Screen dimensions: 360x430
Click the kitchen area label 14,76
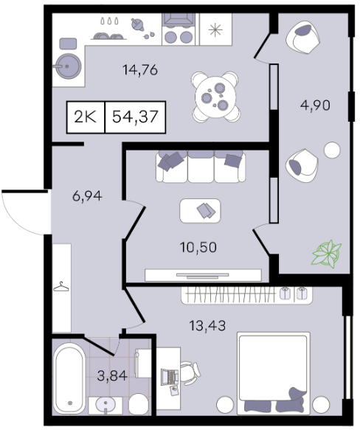(140, 70)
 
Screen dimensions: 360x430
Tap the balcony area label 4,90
(315, 105)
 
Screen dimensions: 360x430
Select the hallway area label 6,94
(87, 195)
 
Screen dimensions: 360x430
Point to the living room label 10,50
(198, 247)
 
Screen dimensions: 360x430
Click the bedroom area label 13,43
(207, 325)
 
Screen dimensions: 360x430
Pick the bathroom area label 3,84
(112, 375)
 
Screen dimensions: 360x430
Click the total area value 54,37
(135, 117)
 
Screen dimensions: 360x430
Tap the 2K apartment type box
(86, 117)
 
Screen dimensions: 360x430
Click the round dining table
(215, 97)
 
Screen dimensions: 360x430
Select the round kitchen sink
(68, 66)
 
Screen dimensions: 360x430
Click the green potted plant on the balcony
(327, 254)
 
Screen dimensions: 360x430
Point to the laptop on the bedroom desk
(169, 376)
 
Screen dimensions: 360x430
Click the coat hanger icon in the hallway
(61, 287)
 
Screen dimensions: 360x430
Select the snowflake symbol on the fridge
(215, 30)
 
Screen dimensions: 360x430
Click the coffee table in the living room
(200, 211)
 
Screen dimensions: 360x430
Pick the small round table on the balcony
(332, 150)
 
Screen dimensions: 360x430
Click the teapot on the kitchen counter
(137, 25)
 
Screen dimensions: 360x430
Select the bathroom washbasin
(105, 404)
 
